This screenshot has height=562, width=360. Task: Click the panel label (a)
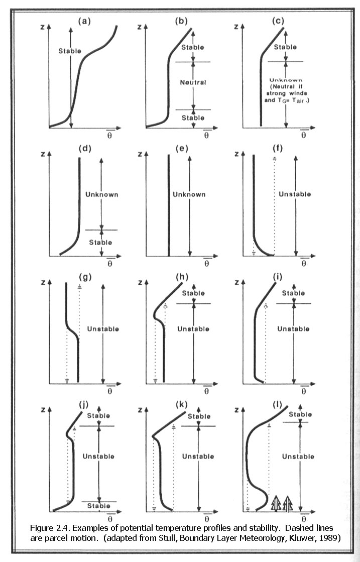[84, 21]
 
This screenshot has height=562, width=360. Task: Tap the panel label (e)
[182, 148]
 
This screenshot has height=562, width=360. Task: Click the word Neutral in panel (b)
[193, 82]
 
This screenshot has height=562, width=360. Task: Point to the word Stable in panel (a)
[70, 51]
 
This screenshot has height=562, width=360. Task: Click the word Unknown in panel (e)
[189, 194]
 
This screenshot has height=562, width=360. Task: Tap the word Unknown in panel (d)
[102, 194]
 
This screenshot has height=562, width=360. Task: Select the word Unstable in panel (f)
[295, 194]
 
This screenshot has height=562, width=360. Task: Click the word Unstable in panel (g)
[103, 328]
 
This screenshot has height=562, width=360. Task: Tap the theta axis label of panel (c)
[303, 134]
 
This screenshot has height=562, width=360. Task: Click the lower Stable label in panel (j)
[99, 506]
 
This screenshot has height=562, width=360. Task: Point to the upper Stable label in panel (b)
[193, 47]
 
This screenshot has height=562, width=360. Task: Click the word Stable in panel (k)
[199, 416]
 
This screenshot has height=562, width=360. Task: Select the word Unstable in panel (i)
[293, 328]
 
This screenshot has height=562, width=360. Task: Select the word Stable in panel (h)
[193, 293]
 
